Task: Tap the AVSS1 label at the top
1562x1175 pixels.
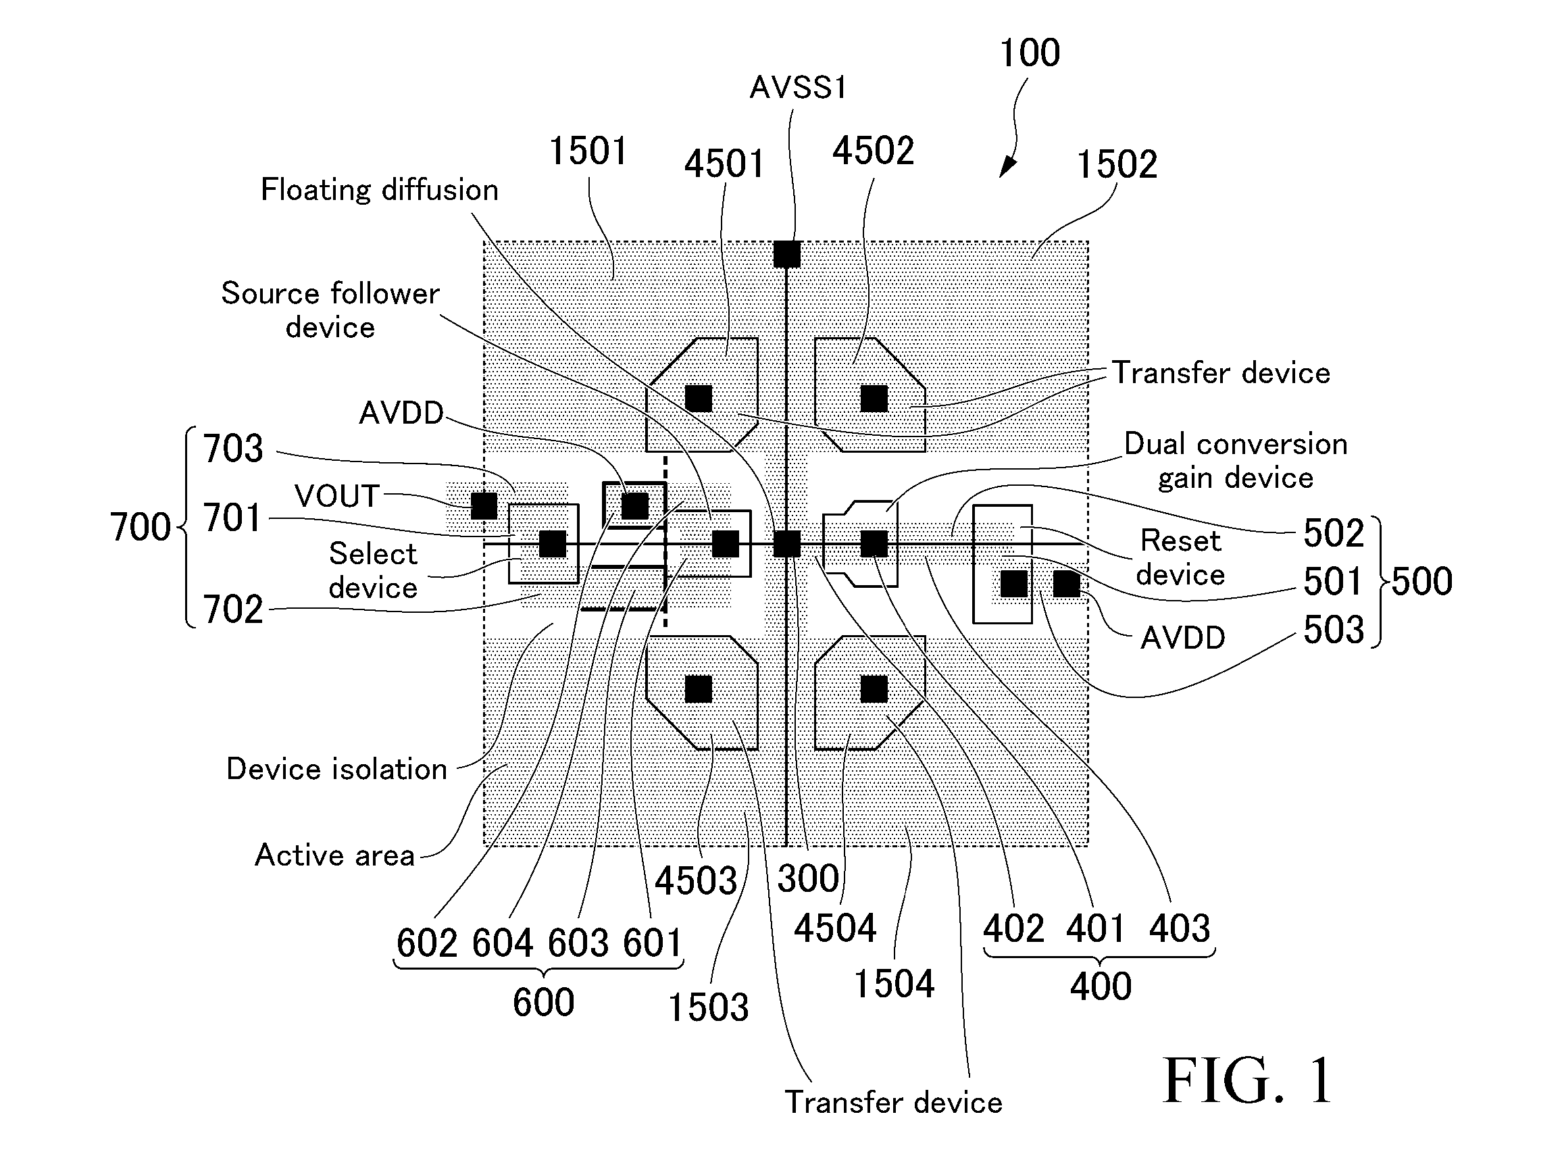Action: click(798, 88)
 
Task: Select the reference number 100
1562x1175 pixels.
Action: click(1030, 53)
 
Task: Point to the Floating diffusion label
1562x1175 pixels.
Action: click(380, 189)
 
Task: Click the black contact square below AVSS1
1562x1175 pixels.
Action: click(786, 254)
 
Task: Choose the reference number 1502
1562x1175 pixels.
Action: click(1116, 165)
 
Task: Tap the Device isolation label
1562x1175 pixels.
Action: click(337, 769)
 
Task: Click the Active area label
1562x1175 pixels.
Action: click(334, 855)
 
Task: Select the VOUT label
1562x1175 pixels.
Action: click(338, 496)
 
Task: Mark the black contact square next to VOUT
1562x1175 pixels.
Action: click(484, 505)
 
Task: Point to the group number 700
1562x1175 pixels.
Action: click(141, 528)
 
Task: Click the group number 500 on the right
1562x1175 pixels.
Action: click(1421, 581)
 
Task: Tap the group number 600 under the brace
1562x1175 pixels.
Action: click(543, 1002)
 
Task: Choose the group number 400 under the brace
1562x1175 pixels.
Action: click(1100, 986)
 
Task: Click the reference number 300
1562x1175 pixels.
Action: click(808, 879)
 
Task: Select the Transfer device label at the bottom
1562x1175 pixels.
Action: click(893, 1102)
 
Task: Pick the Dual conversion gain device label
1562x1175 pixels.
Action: click(1236, 461)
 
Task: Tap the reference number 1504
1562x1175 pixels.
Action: click(894, 984)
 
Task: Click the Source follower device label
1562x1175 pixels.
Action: click(330, 310)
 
